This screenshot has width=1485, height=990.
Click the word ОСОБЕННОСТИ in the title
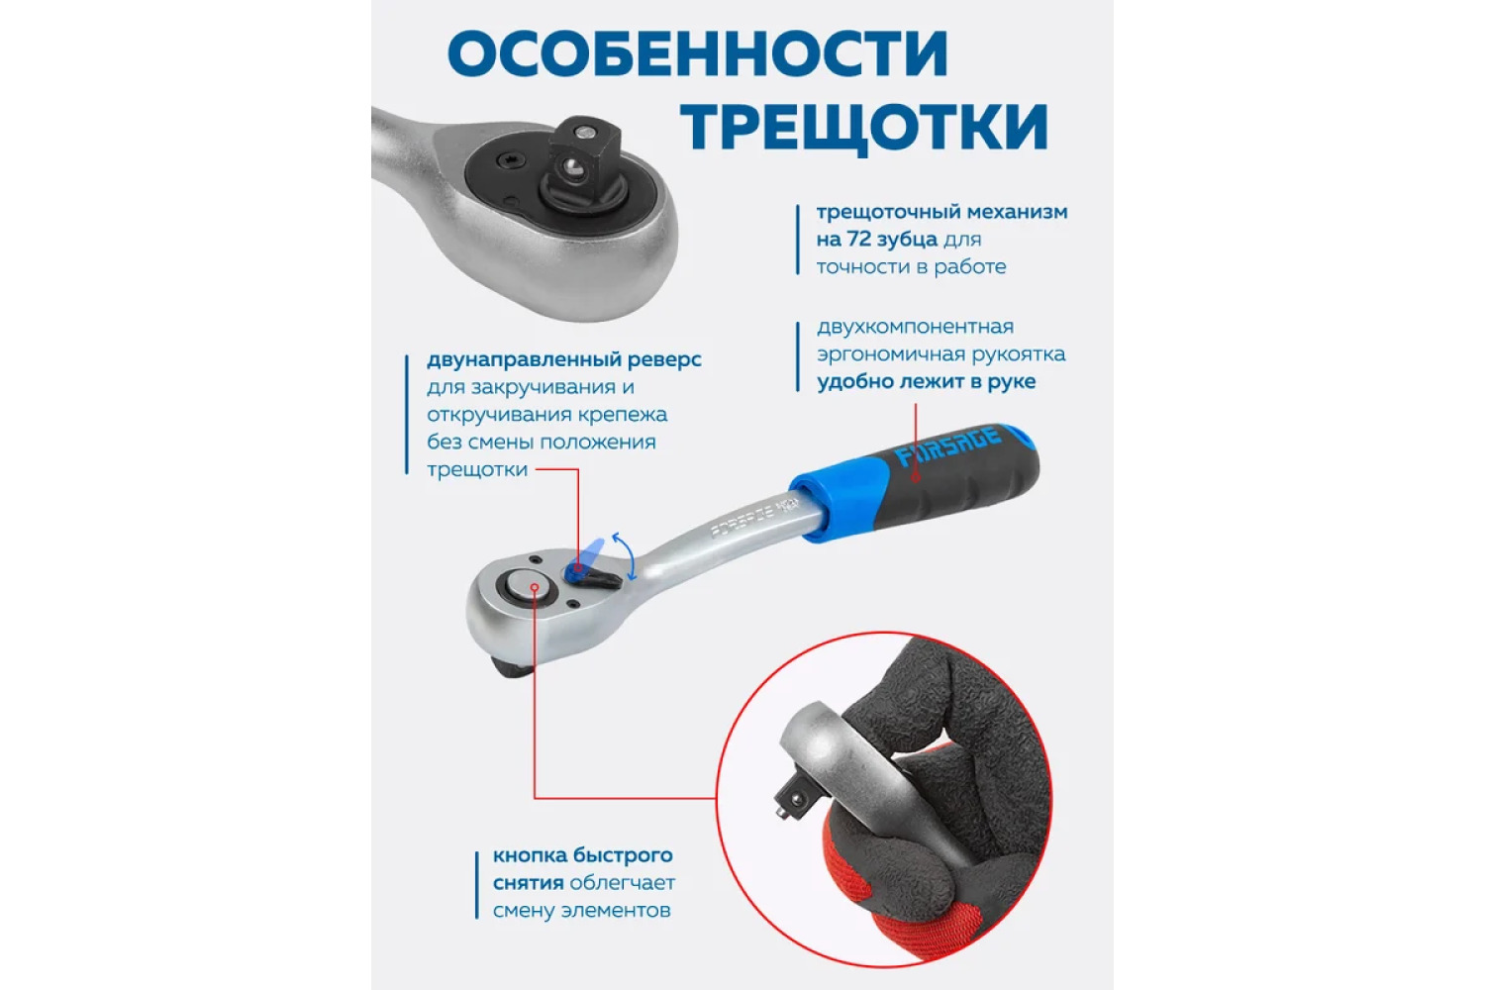(x=697, y=53)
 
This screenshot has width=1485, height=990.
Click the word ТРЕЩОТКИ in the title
(x=864, y=128)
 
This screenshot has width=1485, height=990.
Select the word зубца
(x=907, y=240)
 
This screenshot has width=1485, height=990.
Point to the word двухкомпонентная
(x=915, y=327)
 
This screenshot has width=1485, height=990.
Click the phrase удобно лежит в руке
(x=926, y=382)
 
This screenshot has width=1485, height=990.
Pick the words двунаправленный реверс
(x=564, y=360)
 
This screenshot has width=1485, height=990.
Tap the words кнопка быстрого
(x=583, y=856)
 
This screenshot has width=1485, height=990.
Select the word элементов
(x=616, y=911)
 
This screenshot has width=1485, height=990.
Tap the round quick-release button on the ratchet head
(x=528, y=586)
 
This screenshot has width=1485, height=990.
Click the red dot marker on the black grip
(x=915, y=477)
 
